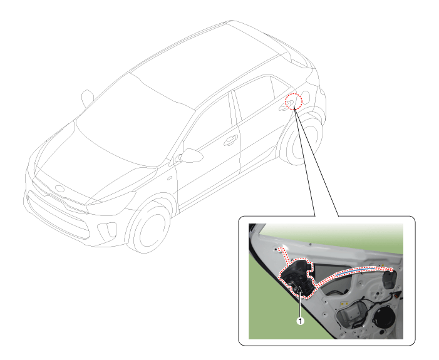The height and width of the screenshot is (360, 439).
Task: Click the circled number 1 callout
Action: pyautogui.click(x=300, y=321)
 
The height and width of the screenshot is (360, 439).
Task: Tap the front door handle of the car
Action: pyautogui.click(x=231, y=140)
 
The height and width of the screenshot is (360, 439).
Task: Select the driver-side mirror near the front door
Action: pyautogui.click(x=190, y=156)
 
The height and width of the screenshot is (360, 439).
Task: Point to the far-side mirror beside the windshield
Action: pyautogui.click(x=87, y=98)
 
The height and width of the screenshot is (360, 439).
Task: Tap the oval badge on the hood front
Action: pyautogui.click(x=59, y=188)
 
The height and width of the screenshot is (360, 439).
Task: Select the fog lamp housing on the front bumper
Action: pyautogui.click(x=107, y=230)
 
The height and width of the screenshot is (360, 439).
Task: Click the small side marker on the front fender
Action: pyautogui.click(x=170, y=178)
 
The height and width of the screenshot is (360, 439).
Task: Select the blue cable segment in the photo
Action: pyautogui.click(x=356, y=270)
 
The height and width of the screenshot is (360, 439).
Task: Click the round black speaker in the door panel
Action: pyautogui.click(x=384, y=319)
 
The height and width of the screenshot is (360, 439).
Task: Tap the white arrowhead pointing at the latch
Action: pyautogui.click(x=300, y=290)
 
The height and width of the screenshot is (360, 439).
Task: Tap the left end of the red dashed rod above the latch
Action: pyautogui.click(x=279, y=249)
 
